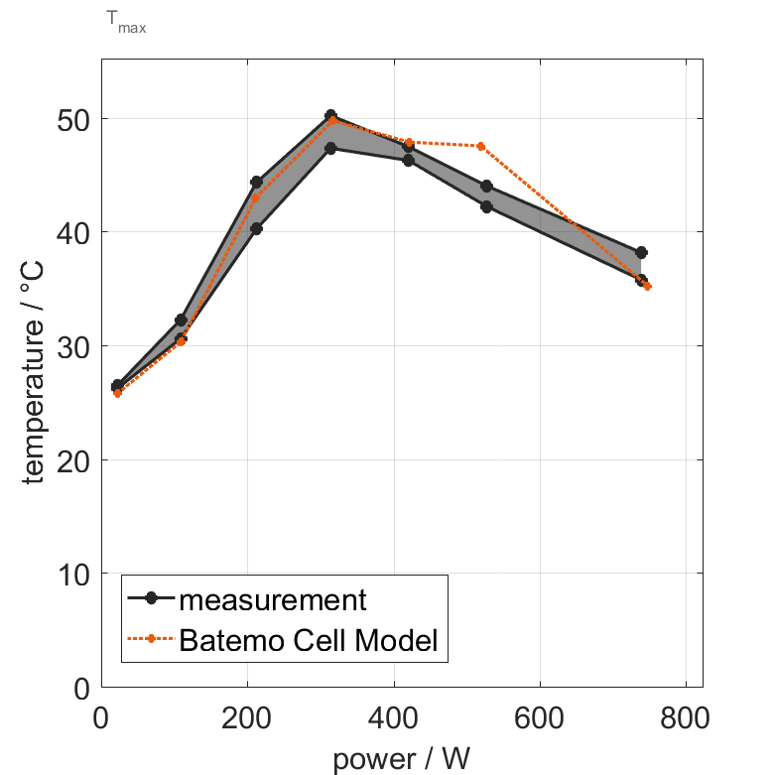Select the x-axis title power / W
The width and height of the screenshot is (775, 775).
[x=401, y=759]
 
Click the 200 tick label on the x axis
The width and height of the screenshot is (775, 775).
[x=247, y=717]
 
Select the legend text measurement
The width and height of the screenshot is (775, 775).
[x=273, y=599]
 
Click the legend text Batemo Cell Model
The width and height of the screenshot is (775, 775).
[x=309, y=640]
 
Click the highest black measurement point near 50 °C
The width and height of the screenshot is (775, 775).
[x=330, y=116]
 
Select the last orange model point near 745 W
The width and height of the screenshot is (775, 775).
[x=647, y=286]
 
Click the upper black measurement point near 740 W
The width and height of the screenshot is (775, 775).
[x=641, y=253]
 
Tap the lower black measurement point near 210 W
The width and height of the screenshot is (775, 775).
[x=256, y=228]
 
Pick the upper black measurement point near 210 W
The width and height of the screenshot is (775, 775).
[x=256, y=183]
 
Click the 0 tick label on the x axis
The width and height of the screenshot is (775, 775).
[x=101, y=717]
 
